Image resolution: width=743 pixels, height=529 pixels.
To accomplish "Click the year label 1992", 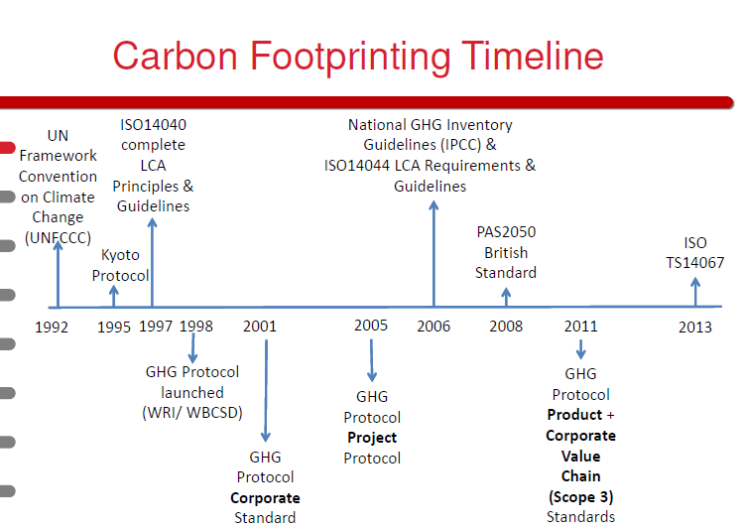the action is click(52, 328).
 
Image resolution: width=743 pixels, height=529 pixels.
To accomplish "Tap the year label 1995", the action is click(114, 328).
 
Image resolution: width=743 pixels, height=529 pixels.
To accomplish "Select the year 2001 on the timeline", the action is click(260, 327).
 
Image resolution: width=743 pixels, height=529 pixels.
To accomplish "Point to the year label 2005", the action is click(371, 326).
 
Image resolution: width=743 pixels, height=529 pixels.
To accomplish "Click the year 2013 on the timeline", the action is click(695, 328).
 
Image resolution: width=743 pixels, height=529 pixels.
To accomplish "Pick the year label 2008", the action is click(506, 327).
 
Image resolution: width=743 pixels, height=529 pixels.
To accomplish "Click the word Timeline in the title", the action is click(533, 56).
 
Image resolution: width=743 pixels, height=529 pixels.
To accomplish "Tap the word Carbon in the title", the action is click(175, 56).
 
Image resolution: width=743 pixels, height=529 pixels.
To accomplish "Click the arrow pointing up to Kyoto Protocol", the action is click(114, 296).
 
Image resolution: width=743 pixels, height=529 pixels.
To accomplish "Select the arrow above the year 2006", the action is click(433, 254).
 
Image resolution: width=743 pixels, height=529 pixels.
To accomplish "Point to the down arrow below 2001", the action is click(266, 391).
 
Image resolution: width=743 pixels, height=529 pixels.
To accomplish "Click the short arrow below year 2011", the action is click(581, 349).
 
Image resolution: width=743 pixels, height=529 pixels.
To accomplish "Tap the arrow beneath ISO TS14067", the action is click(695, 292).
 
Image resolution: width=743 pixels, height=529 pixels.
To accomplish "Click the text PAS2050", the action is click(506, 232).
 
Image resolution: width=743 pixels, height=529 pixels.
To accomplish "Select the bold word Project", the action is click(372, 438).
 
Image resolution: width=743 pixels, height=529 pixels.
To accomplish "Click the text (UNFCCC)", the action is click(58, 237).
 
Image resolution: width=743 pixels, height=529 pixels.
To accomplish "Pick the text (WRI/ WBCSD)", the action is click(192, 413).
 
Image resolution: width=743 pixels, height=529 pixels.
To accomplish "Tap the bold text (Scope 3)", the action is click(581, 497).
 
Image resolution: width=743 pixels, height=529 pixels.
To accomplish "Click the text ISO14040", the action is click(153, 125).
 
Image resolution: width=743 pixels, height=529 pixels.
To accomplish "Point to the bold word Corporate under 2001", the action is click(266, 498).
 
